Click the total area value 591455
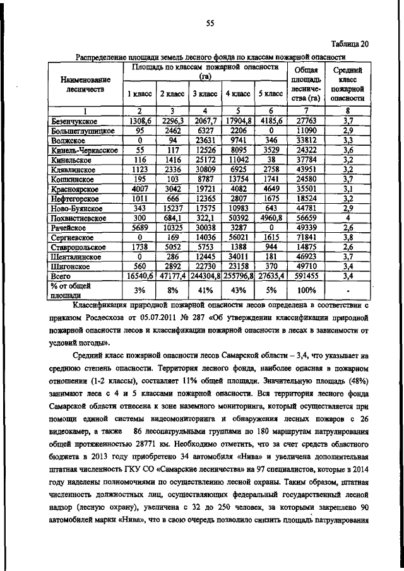pos(306,276)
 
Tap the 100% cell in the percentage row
pos(306,290)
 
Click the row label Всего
pos(61,276)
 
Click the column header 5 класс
pos(271,94)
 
